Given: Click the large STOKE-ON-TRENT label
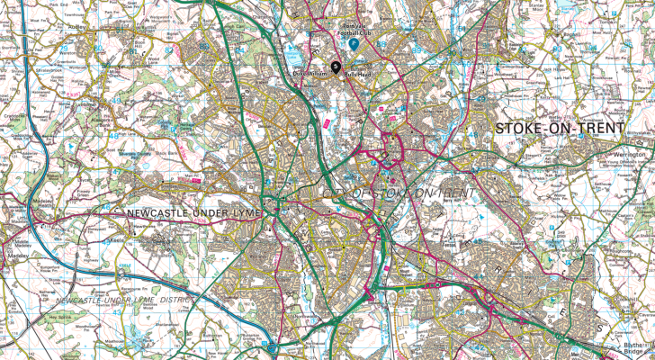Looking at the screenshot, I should pos(558,128).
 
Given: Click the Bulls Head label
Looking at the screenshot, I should pos(358,76).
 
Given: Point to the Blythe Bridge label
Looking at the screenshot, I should pos(635,348).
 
